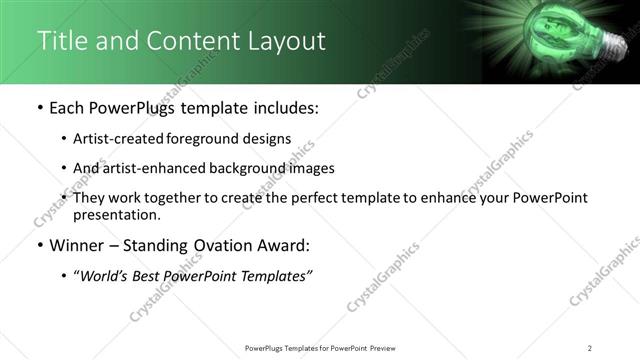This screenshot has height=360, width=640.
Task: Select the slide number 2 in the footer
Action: click(x=590, y=348)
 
